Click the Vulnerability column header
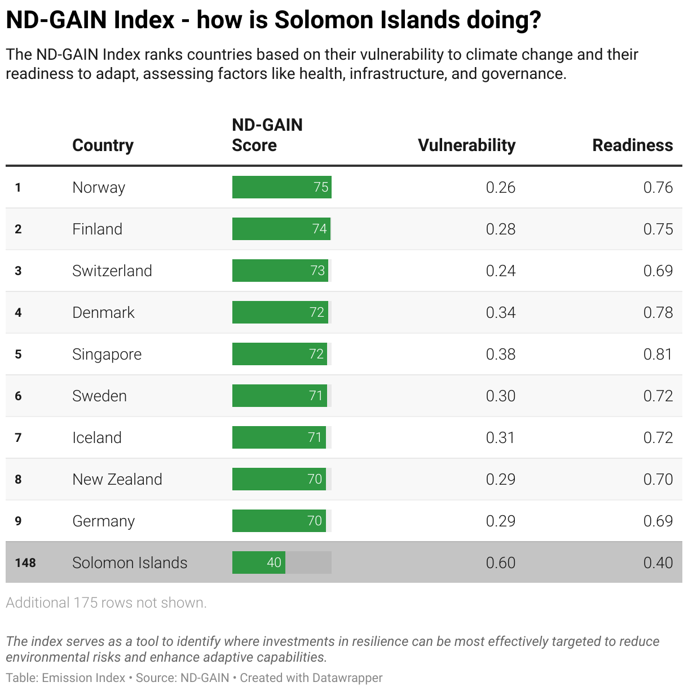click(466, 145)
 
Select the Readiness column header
click(632, 145)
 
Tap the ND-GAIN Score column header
click(267, 135)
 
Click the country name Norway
click(99, 187)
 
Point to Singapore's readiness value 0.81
click(658, 354)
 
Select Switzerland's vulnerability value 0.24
click(500, 271)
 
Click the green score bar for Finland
click(281, 229)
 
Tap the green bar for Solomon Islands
click(259, 562)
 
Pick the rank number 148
click(25, 562)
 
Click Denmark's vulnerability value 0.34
click(500, 312)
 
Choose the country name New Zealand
click(117, 479)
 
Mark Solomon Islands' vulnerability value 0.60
click(500, 562)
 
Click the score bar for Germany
click(279, 521)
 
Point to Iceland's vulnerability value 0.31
click(500, 437)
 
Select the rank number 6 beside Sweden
click(18, 396)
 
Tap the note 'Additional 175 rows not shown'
click(106, 603)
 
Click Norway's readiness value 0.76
click(658, 187)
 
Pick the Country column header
click(103, 145)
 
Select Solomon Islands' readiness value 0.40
click(658, 562)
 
